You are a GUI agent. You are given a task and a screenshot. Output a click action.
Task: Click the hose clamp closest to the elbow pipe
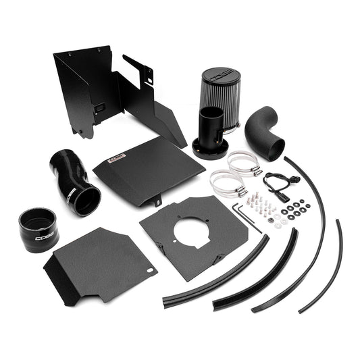point(245,162)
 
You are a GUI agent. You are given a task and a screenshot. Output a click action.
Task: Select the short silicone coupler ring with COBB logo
point(38,230)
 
